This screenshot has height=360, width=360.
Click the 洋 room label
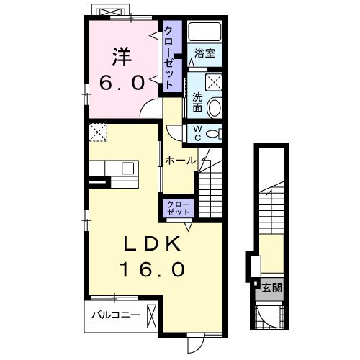click(122, 57)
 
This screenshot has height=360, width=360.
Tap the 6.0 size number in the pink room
click(122, 83)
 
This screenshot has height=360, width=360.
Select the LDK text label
click(152, 243)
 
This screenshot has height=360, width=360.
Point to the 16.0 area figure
click(153, 269)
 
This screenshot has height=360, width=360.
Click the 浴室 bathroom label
click(204, 53)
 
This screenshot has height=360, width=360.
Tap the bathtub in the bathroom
click(204, 32)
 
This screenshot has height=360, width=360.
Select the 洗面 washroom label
click(197, 103)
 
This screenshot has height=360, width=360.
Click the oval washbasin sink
click(214, 107)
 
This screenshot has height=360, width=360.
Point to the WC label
click(197, 134)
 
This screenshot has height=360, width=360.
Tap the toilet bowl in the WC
click(215, 134)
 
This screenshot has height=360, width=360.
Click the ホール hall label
click(181, 161)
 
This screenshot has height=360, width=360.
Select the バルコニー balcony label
click(116, 315)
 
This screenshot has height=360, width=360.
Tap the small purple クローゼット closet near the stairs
click(179, 208)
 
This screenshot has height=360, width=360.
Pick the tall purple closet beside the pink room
click(173, 57)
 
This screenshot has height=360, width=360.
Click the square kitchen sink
click(127, 168)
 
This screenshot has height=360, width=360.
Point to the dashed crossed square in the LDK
click(98, 132)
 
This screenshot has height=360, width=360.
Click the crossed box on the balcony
click(152, 315)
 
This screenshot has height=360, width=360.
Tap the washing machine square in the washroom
click(213, 82)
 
